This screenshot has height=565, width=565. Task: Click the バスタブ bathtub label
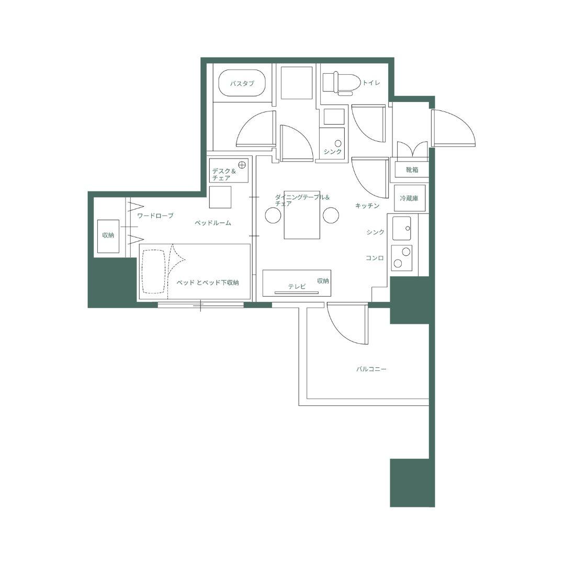(x=242, y=84)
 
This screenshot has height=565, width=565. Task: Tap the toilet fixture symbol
(x=341, y=83)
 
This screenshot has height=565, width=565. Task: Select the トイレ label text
(x=371, y=83)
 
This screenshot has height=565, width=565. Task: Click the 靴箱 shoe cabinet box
(x=412, y=169)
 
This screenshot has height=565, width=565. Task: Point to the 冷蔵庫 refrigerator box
(x=409, y=198)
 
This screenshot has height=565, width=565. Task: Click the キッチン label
(x=367, y=206)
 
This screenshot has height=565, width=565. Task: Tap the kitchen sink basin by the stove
(x=402, y=228)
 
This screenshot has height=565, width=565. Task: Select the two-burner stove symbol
(x=402, y=258)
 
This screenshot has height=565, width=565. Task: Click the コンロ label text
(x=375, y=258)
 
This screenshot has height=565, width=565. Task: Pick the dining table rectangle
(x=302, y=215)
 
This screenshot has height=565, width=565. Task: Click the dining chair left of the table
(x=273, y=216)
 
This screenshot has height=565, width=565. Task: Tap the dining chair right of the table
(x=331, y=216)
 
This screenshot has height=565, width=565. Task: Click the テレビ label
(x=297, y=287)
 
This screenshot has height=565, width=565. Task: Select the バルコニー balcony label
(x=371, y=369)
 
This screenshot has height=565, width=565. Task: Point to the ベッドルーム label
(x=213, y=223)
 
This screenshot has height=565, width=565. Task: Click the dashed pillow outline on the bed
(x=154, y=272)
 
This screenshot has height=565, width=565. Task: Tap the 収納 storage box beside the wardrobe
(x=108, y=236)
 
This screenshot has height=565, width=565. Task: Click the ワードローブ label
(x=155, y=216)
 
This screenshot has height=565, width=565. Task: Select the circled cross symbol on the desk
(x=242, y=165)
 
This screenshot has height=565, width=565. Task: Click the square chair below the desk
(x=220, y=197)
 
